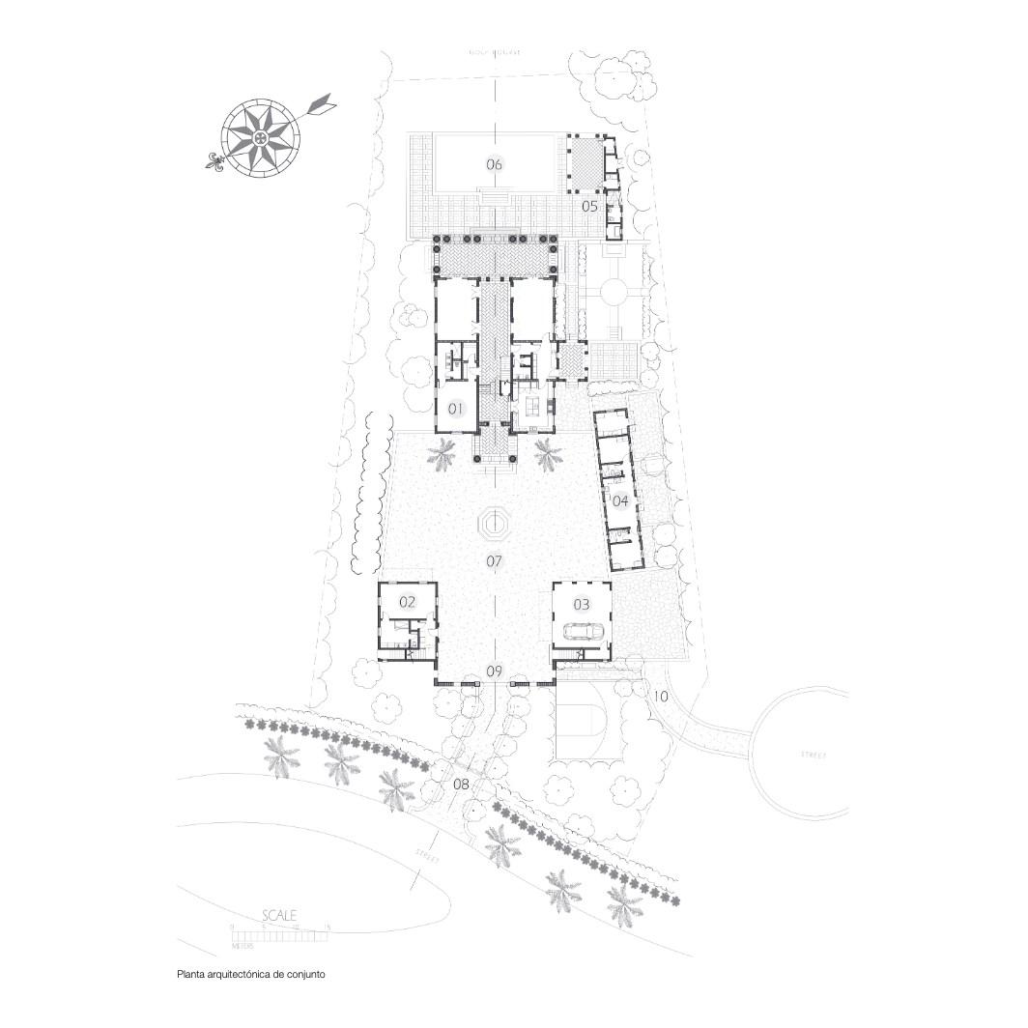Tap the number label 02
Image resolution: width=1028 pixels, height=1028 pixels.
click(x=407, y=601)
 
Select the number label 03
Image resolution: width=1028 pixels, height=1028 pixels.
click(x=582, y=604)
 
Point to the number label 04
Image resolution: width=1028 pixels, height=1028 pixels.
click(x=619, y=500)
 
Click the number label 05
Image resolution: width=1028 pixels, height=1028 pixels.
click(x=589, y=206)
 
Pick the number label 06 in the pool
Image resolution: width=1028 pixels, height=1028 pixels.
click(x=495, y=164)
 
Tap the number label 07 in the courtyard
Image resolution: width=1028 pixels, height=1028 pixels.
click(x=495, y=560)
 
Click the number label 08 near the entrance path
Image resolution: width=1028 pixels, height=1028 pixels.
click(x=461, y=784)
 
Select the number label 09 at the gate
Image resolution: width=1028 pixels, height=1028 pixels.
click(x=495, y=671)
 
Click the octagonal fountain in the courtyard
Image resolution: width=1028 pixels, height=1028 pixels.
click(x=495, y=527)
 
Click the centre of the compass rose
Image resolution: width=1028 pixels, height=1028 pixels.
click(x=258, y=141)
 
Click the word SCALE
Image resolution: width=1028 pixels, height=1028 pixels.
click(x=280, y=914)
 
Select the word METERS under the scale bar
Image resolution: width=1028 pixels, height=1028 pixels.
click(x=242, y=948)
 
